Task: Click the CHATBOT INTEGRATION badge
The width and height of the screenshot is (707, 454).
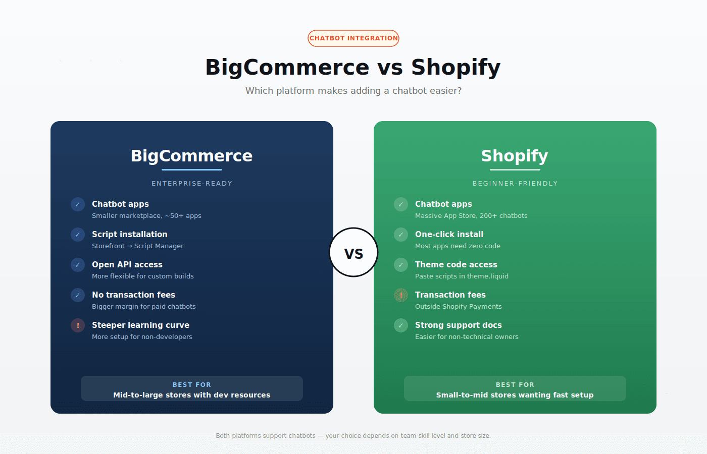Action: (353, 38)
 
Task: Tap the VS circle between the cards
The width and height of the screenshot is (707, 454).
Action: (353, 252)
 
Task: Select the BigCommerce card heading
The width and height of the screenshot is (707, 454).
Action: (191, 156)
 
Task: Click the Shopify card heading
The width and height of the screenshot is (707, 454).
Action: (515, 156)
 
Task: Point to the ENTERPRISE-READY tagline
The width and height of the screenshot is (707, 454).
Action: (192, 184)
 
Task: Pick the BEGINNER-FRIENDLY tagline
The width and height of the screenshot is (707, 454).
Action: (515, 184)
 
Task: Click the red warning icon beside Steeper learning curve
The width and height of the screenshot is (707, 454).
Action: (78, 325)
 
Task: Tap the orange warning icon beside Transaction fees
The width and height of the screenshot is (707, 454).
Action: (401, 295)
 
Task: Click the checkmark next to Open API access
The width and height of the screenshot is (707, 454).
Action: (78, 265)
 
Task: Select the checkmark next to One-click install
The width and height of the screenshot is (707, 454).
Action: (401, 235)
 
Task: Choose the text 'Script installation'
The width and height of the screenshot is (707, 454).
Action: (129, 234)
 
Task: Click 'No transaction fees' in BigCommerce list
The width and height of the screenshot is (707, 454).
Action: (133, 295)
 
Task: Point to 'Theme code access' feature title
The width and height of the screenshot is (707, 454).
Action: (456, 264)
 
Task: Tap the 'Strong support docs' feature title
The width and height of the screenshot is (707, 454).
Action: (458, 325)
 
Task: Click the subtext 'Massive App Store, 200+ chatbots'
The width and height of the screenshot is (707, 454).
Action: (471, 216)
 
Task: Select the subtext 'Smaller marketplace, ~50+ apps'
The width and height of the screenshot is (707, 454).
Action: (146, 216)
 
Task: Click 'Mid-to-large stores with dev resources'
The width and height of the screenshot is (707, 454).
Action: (192, 395)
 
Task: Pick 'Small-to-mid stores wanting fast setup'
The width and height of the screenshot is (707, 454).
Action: (515, 395)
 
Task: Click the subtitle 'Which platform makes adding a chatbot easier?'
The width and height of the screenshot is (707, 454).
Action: (353, 91)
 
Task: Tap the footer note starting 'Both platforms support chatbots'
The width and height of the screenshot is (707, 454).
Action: (353, 436)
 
